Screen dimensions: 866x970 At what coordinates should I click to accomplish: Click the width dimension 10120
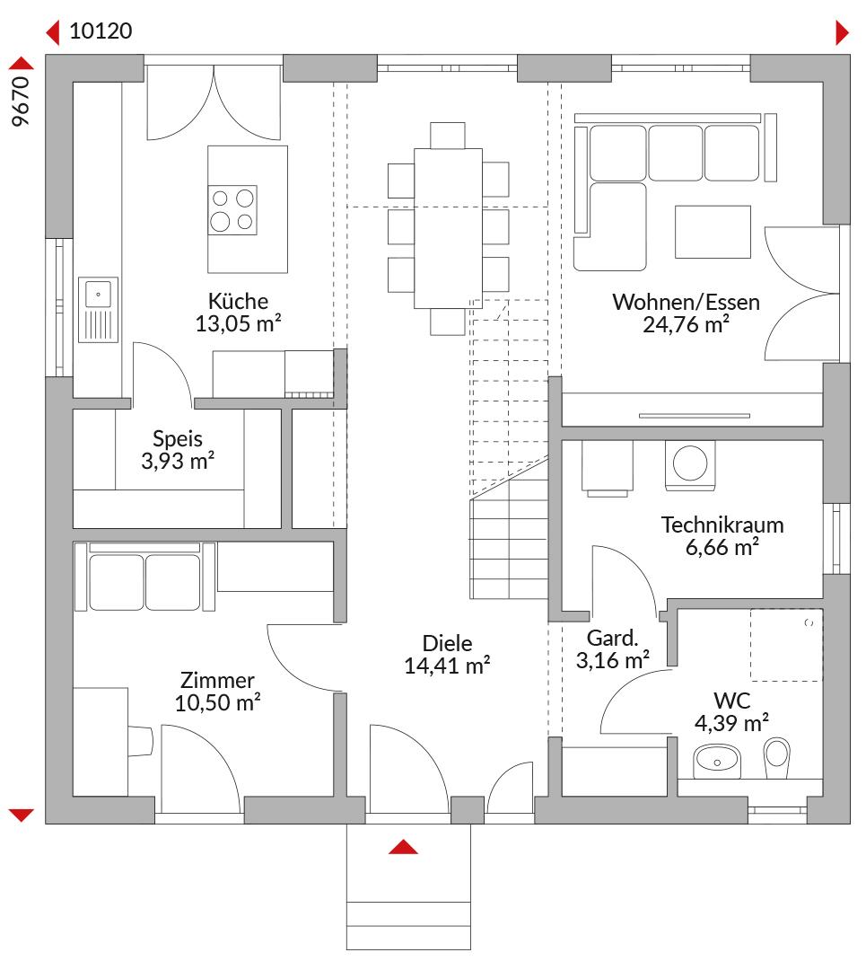[x=101, y=31]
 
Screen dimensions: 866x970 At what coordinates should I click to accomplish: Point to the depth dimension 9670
[x=21, y=101]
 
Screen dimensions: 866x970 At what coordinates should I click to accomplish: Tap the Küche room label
[x=238, y=301]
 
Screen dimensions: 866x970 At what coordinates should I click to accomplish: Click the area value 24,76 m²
[x=687, y=324]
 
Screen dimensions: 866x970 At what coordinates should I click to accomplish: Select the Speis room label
[x=178, y=438]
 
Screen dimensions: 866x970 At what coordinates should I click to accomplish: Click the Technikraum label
[x=722, y=525]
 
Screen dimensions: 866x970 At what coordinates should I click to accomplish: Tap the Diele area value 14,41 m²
[x=447, y=666]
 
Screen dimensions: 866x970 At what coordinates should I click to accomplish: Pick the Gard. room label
[x=612, y=638]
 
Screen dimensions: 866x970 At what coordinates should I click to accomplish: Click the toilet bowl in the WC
[x=777, y=757]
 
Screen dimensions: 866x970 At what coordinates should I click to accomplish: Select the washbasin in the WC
[x=716, y=761]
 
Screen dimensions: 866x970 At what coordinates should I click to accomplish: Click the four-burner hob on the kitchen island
[x=232, y=209]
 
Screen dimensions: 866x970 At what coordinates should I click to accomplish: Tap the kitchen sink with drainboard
[x=99, y=309]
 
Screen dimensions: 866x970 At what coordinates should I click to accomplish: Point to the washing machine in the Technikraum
[x=690, y=464]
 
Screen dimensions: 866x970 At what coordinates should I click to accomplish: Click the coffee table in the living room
[x=713, y=232]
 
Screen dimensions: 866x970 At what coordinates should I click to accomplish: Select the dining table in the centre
[x=448, y=228]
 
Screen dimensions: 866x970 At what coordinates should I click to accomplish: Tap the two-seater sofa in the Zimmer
[x=145, y=577]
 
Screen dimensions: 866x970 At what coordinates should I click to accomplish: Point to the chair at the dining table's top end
[x=448, y=136]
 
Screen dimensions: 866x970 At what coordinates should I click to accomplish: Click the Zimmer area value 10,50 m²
[x=217, y=702]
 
